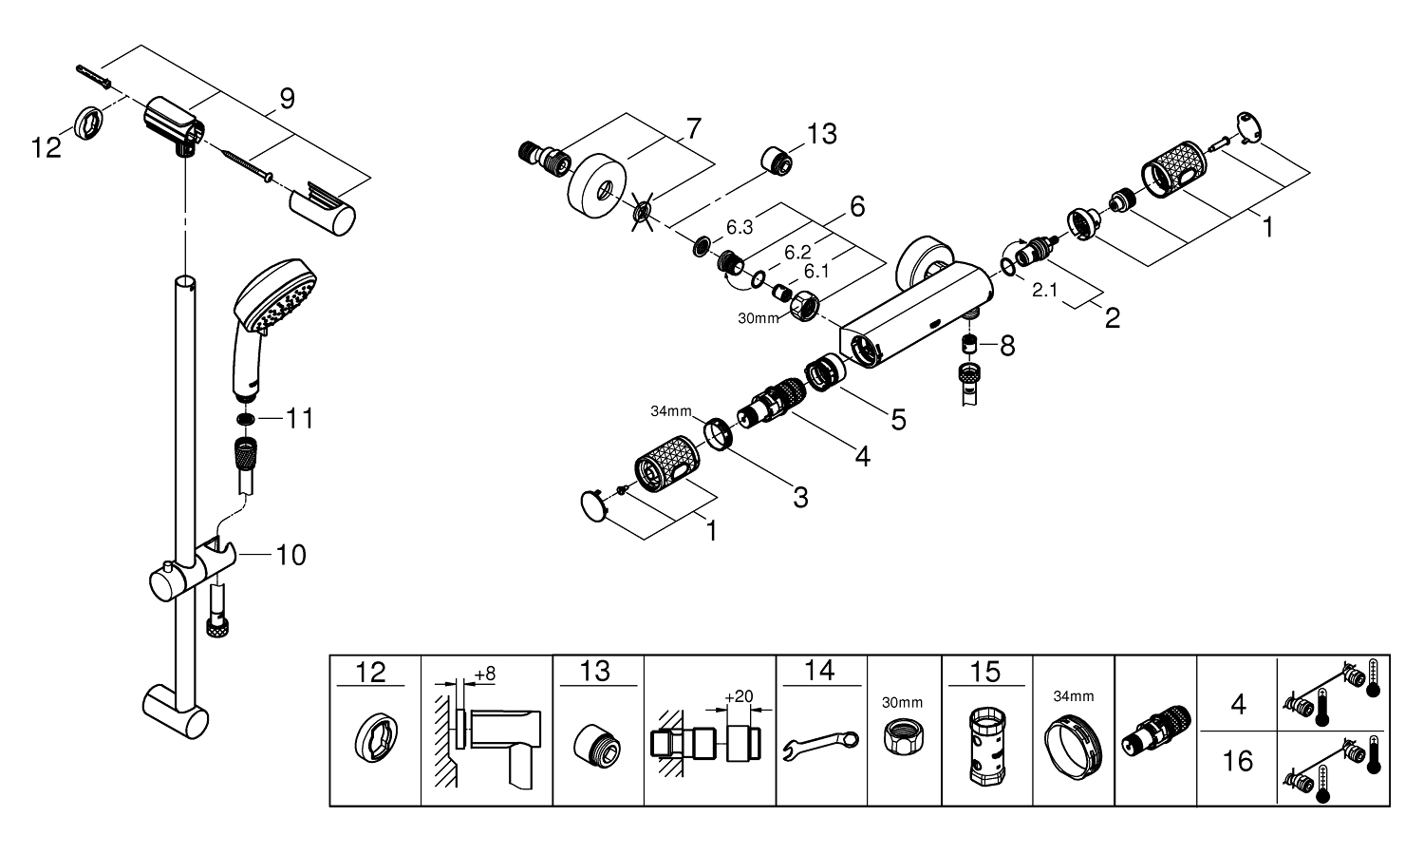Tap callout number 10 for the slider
tap(290, 555)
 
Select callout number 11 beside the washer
tap(299, 418)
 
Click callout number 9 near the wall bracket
tap(287, 98)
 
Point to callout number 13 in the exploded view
tap(822, 134)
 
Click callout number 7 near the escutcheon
tap(693, 128)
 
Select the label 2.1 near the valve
tap(1044, 292)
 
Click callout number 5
tap(896, 419)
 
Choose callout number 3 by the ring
tap(800, 496)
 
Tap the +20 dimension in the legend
tap(739, 695)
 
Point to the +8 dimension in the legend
tap(484, 674)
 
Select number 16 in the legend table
tap(1238, 762)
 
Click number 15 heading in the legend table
tap(985, 673)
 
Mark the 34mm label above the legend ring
tap(1073, 695)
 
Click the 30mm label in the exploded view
tap(758, 318)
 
